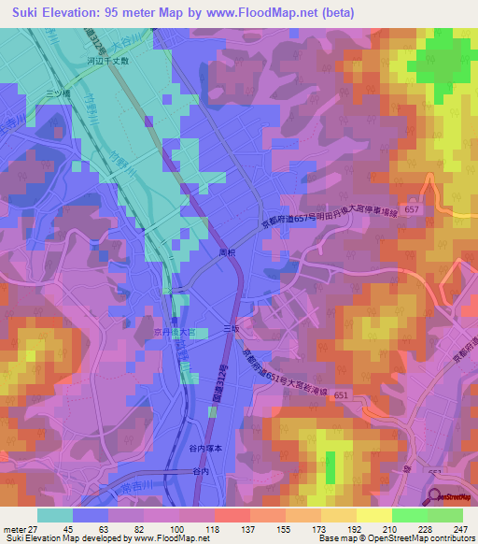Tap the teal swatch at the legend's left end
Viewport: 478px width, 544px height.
tap(54, 514)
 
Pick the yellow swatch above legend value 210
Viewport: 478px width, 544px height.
tap(373, 514)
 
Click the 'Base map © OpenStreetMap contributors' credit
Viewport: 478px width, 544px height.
tap(397, 538)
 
